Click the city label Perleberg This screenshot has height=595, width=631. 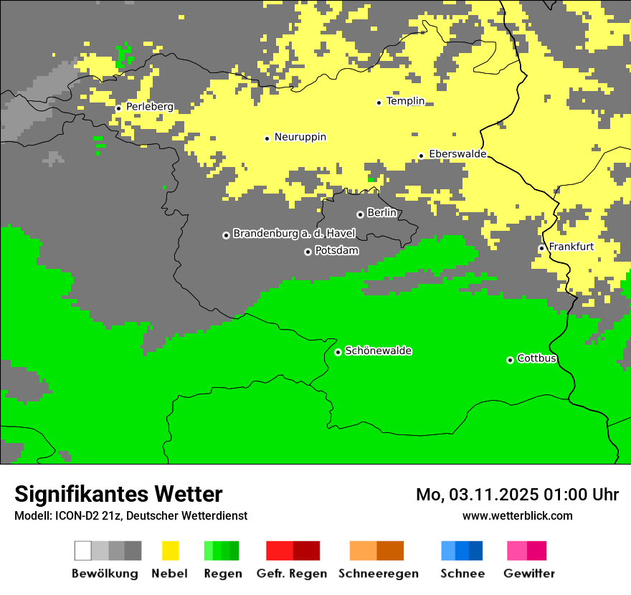(149, 107)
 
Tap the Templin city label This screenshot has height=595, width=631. (405, 101)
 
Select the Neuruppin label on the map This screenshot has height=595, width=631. (300, 137)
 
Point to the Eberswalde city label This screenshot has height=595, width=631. (457, 154)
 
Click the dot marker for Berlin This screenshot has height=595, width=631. (360, 214)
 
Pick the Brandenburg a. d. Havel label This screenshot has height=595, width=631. (293, 234)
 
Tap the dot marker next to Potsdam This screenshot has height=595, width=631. (308, 252)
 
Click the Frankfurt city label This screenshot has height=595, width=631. (571, 247)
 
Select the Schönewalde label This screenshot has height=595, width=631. (378, 351)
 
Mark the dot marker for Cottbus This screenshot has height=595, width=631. (510, 360)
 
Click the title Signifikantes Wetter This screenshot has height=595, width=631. (118, 494)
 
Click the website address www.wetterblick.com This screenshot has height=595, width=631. (517, 515)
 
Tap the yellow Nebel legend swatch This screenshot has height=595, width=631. (171, 551)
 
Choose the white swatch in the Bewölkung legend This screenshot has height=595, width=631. (83, 551)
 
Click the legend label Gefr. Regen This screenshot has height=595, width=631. (291, 573)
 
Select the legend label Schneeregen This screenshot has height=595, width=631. (378, 573)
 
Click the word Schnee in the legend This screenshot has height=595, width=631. (462, 573)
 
